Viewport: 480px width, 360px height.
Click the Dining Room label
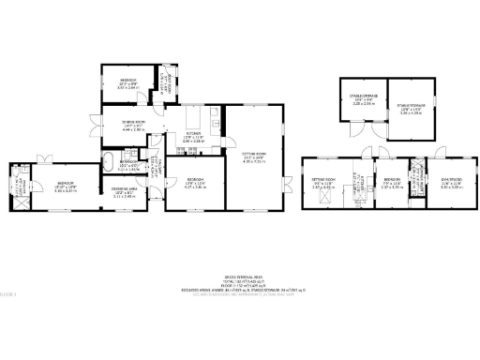point(131,123)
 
